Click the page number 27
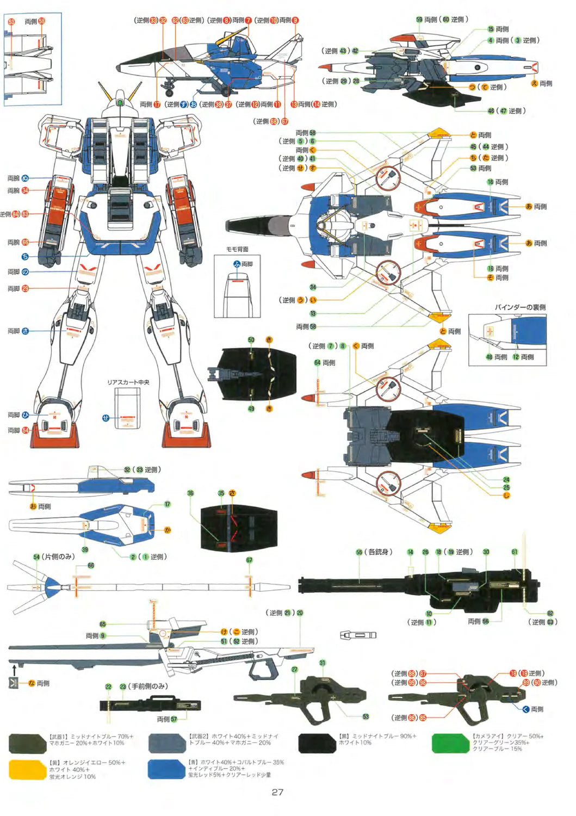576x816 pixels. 277,792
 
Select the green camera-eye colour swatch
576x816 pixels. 450,743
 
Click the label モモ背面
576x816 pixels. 237,249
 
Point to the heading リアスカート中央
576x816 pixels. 128,382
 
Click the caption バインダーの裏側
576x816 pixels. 520,307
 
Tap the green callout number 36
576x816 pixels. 190,493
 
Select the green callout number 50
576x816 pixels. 251,340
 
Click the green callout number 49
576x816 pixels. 251,409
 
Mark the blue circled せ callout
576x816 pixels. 106,418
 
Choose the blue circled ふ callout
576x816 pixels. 237,264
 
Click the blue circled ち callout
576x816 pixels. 25,256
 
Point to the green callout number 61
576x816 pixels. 515,552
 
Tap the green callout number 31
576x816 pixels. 323,663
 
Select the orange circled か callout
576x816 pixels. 167,530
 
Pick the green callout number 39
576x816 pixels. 85,549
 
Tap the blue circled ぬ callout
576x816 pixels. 25,178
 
